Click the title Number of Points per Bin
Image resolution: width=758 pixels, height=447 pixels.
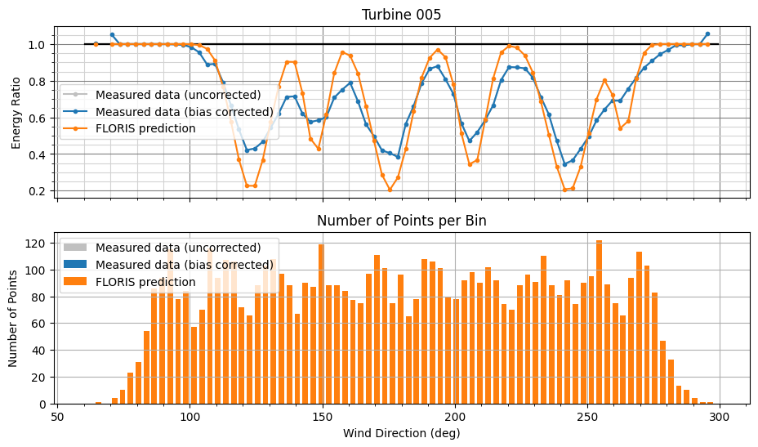click(x=401, y=221)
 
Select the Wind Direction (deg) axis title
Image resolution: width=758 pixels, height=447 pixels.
click(x=401, y=433)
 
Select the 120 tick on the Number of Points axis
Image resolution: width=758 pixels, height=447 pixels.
click(x=36, y=244)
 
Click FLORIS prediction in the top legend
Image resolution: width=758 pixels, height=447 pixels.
click(x=145, y=128)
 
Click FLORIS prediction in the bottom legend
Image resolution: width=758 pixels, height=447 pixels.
click(x=145, y=282)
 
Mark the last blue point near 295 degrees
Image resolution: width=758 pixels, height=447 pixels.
click(x=707, y=34)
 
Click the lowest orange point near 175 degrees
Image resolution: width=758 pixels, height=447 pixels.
click(x=390, y=190)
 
